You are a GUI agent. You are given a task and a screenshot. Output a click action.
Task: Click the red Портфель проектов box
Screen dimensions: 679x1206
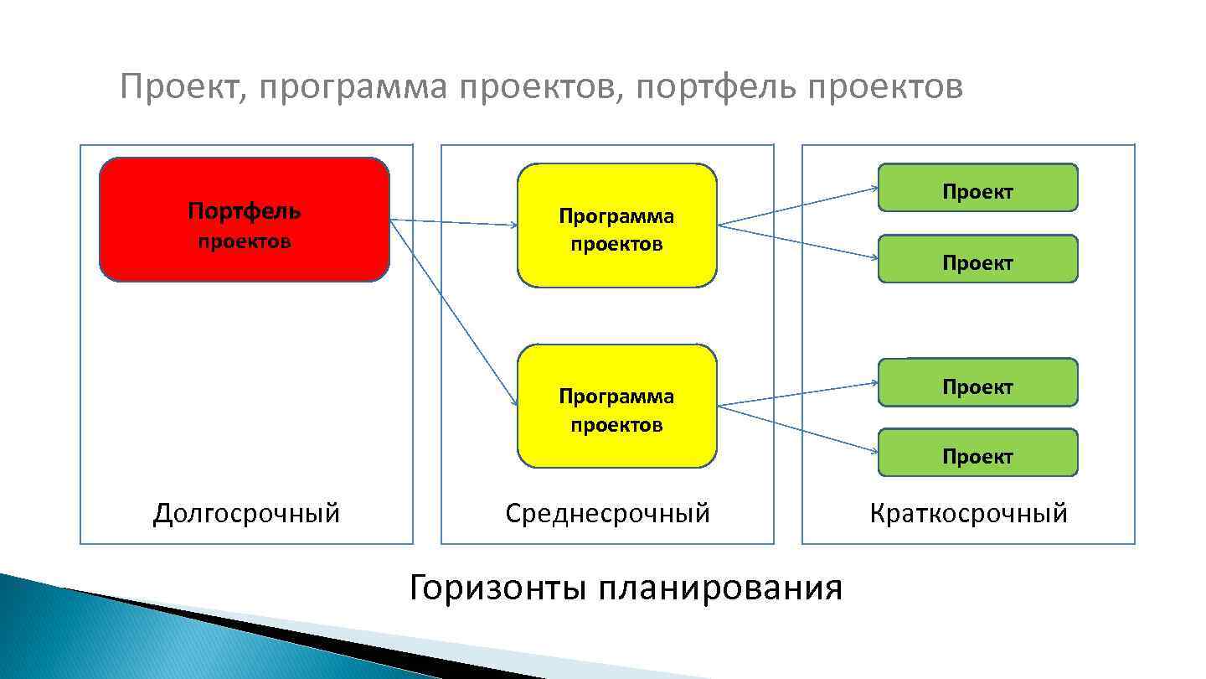click(x=244, y=220)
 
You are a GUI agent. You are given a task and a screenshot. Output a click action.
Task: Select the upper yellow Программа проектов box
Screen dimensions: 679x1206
click(x=617, y=225)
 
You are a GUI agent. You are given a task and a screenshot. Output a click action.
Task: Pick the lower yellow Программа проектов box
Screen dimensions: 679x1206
click(x=617, y=406)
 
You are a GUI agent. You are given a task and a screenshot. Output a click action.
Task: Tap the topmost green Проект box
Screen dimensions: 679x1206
click(x=977, y=187)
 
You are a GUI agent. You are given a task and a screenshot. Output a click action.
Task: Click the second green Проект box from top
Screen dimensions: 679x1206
click(x=977, y=259)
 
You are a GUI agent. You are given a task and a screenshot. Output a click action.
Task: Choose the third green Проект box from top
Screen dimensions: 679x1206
click(x=977, y=382)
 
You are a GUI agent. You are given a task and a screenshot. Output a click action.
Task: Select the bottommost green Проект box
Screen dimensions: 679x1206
click(x=977, y=453)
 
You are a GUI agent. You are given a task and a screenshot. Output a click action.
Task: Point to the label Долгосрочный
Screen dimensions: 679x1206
click(x=246, y=513)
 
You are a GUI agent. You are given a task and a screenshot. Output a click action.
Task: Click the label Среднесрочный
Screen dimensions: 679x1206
click(x=607, y=513)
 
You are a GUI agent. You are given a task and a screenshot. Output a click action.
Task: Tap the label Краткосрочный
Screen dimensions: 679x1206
click(x=968, y=513)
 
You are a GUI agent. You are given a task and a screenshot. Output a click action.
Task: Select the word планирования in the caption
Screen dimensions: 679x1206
click(x=720, y=588)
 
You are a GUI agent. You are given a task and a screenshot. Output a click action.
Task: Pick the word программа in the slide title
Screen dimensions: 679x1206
click(x=353, y=86)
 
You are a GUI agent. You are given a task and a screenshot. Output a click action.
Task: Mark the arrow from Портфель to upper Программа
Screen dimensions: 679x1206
click(x=453, y=223)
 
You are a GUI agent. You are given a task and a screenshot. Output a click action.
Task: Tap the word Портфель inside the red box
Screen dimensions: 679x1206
click(x=244, y=210)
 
